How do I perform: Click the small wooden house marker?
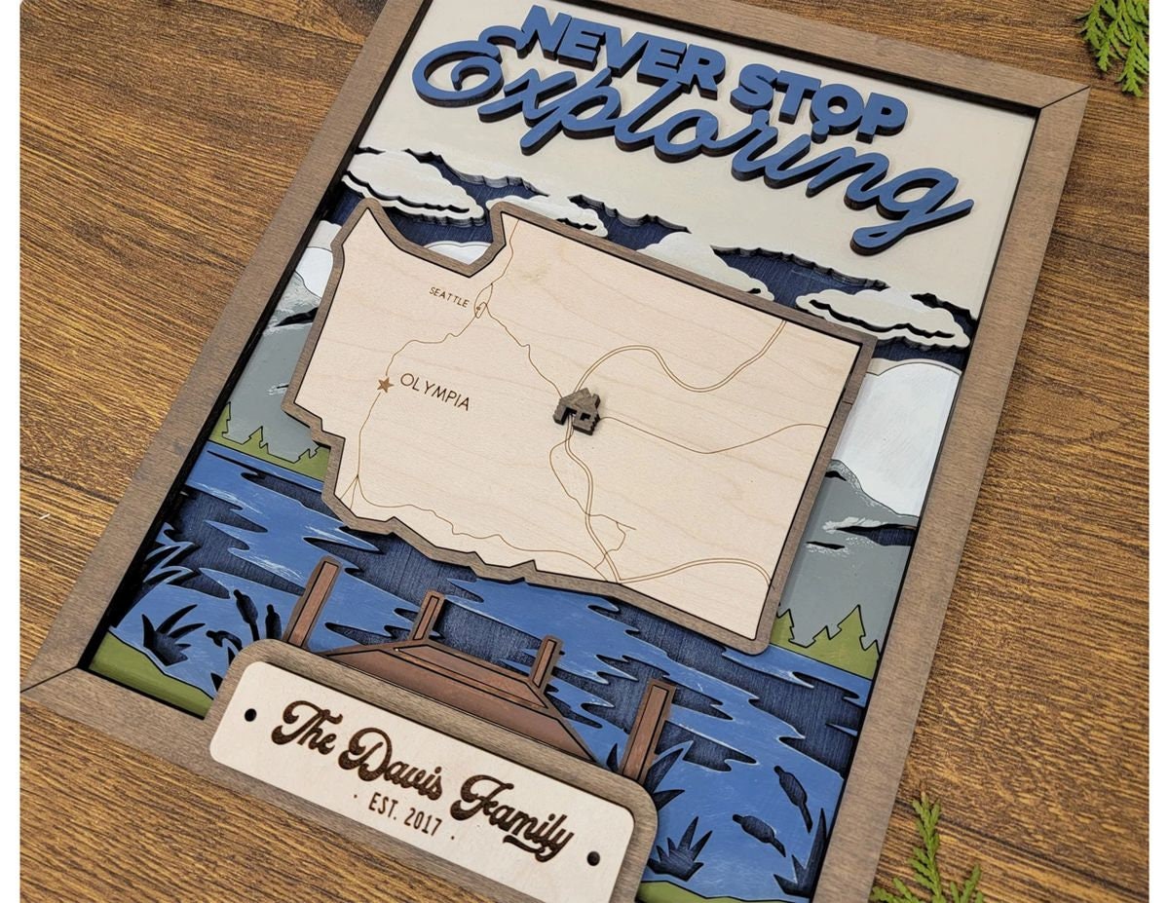578,409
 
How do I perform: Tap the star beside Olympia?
385,385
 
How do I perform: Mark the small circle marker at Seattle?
479,304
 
